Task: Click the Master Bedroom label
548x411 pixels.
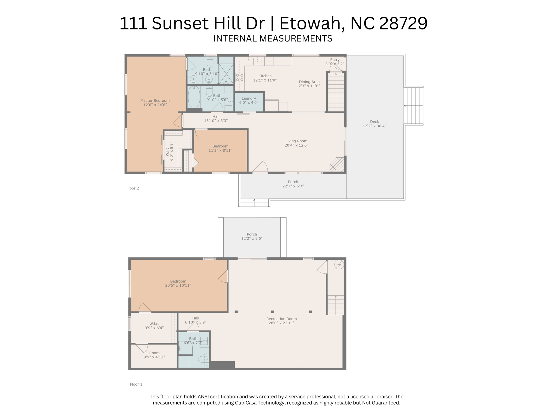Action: click(155, 101)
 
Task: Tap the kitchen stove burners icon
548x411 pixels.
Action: click(240, 78)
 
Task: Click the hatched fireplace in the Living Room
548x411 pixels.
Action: click(337, 164)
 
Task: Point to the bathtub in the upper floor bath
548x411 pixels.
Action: click(194, 96)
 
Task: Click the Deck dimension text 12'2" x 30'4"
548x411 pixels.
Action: click(374, 126)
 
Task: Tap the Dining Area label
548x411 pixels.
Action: click(309, 82)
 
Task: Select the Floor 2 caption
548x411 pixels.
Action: click(133, 188)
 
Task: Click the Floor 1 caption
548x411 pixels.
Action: click(136, 384)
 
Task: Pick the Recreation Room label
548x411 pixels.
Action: click(281, 319)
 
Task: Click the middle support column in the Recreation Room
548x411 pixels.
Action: click(272, 312)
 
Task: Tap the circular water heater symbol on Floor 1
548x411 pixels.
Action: click(339, 265)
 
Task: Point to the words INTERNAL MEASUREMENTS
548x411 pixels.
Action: click(273, 39)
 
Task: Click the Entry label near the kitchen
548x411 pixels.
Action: click(335, 60)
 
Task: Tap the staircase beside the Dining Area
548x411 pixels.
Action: click(336, 92)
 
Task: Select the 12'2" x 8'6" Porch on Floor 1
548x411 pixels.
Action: click(252, 237)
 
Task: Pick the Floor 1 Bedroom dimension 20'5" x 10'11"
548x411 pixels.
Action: click(178, 286)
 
